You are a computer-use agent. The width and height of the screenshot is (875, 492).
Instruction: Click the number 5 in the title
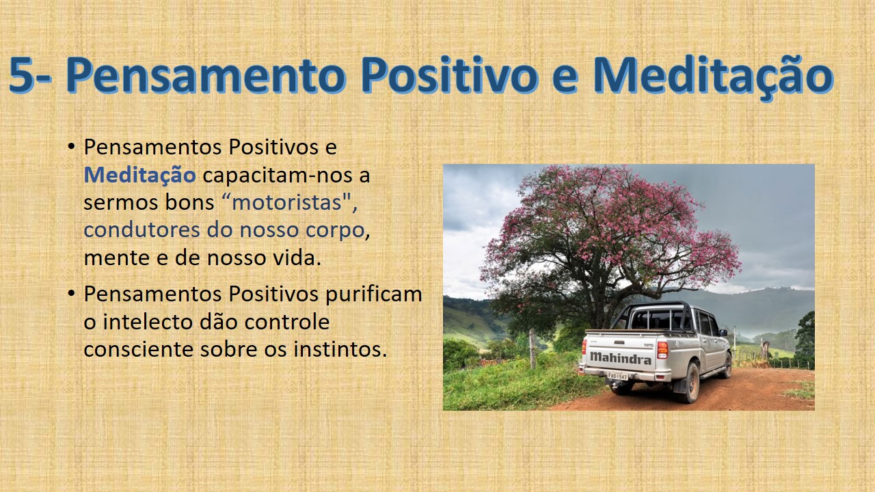point(23,74)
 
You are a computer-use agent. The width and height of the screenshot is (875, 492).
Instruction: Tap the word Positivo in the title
point(450,74)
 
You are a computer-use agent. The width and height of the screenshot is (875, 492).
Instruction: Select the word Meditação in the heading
point(712,77)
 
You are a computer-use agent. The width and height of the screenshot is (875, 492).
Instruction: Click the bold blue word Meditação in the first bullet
point(139,174)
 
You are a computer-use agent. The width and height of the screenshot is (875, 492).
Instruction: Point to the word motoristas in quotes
point(286,202)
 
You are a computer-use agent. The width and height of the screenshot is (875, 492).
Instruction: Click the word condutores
point(142,230)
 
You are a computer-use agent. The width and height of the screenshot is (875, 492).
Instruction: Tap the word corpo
point(335,231)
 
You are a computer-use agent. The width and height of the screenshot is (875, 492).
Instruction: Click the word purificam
point(374,295)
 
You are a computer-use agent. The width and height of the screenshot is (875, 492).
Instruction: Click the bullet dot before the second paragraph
point(70,293)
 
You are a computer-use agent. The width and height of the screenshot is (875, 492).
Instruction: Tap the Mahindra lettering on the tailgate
point(621,357)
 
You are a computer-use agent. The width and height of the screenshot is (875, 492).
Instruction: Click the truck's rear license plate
point(617,376)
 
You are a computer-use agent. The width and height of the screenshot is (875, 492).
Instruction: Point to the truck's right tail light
point(662,350)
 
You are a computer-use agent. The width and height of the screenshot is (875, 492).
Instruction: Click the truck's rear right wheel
point(690,383)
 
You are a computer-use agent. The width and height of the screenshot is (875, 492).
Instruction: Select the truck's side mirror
point(723,333)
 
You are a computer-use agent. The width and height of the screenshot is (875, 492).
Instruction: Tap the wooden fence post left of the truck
point(533,348)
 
